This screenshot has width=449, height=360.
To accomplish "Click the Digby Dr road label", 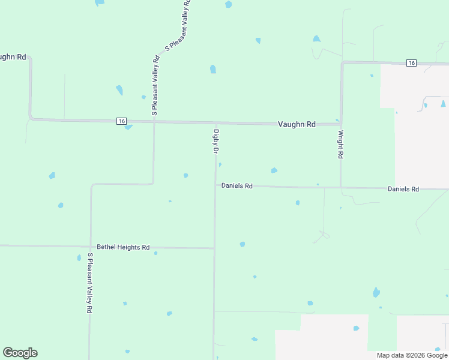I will pos(215,141).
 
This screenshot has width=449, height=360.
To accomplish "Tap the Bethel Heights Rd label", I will pos(123,247).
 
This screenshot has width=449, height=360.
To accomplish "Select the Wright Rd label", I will pos(340,144).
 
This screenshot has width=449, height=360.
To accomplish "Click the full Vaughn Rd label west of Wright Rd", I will pos(297,124).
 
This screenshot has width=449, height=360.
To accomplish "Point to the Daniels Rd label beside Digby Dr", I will pos(237,186).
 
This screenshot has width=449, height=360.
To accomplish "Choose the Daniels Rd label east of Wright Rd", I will pos(403,189).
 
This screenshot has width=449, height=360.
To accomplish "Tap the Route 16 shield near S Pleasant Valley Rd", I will pos(122,121).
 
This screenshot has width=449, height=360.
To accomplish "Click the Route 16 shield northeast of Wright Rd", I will pos(411,63).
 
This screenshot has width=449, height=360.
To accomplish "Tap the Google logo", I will pos(20,353).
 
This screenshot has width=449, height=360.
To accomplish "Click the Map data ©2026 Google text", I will pos(412,355).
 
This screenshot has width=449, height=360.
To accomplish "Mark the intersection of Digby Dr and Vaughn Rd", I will pos(215,123).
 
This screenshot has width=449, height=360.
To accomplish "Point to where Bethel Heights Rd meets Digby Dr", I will pos(214,248).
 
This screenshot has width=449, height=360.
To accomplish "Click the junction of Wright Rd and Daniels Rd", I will pos(341,188).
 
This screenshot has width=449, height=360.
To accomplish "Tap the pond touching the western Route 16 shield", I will pos(128,127).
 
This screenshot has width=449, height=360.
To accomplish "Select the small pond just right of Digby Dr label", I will pos(220,164).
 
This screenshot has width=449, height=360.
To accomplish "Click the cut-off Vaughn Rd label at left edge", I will pos(12,57).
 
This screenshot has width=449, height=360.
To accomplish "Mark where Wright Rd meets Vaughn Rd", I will pos(341,124).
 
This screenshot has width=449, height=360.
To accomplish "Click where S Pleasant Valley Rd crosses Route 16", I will pos(154,121).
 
